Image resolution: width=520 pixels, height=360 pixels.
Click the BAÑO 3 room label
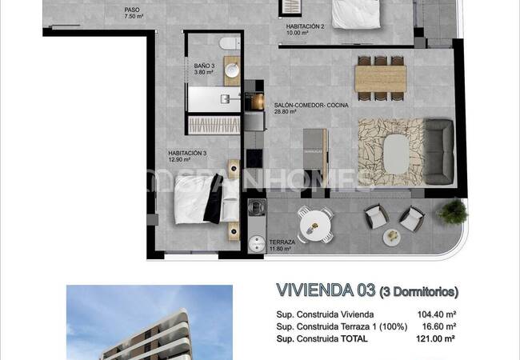pos(204,66)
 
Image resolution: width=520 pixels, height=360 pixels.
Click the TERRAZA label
pos(282,242)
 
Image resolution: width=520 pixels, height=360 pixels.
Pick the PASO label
pos(131,10)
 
